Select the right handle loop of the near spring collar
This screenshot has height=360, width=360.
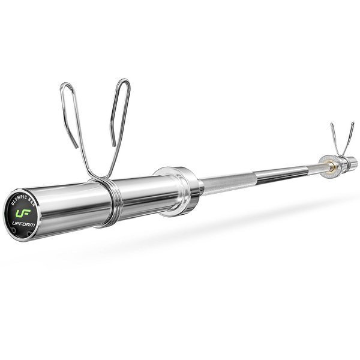tap(117, 114)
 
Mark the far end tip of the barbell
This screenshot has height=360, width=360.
tap(353, 161)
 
